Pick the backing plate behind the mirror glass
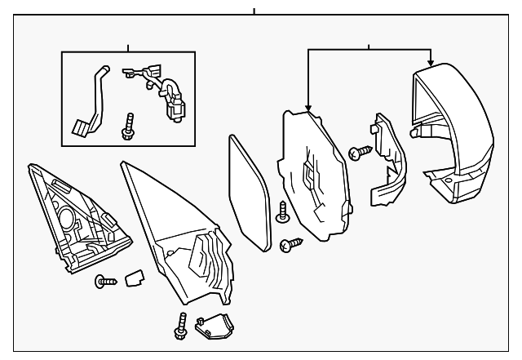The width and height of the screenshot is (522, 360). click(314, 176)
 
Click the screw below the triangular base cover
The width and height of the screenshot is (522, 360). click(101, 282)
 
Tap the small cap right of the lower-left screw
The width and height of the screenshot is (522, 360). click(133, 279)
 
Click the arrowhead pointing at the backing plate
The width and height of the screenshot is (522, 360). click(308, 107)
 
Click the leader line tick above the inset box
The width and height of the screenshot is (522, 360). click(128, 47)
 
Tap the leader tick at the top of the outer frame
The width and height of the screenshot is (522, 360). click(254, 11)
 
